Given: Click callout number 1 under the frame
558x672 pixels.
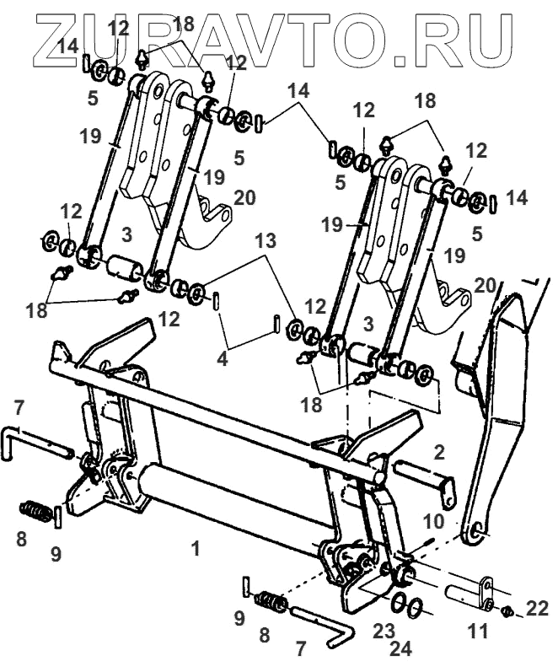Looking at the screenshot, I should coord(196,549).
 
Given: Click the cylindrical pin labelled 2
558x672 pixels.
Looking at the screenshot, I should coord(421,475).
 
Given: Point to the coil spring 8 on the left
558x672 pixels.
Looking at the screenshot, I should coord(35,512).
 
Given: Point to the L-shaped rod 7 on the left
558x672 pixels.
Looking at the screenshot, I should coord(34,438).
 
